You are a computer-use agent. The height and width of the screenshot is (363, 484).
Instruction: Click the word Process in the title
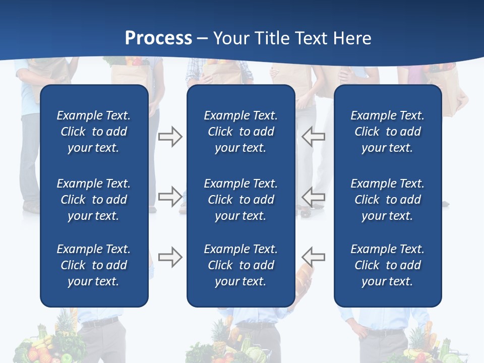pyautogui.click(x=158, y=38)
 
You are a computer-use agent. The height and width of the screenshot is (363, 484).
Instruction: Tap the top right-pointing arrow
pyautogui.click(x=170, y=137)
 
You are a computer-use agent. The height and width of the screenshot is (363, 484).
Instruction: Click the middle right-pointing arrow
pyautogui.click(x=170, y=197)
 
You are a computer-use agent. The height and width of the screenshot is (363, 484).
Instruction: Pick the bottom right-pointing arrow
pyautogui.click(x=170, y=257)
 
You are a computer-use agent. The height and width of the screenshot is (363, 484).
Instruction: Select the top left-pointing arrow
pyautogui.click(x=313, y=137)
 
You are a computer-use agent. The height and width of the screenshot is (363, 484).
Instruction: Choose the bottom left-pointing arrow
pyautogui.click(x=313, y=257)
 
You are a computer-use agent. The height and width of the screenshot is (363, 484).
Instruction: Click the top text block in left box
pyautogui.click(x=94, y=132)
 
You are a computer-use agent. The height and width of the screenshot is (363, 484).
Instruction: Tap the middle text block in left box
pyautogui.click(x=94, y=200)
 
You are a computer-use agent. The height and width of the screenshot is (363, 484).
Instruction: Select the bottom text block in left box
pyautogui.click(x=94, y=265)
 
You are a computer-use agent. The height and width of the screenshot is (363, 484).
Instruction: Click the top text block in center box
pyautogui.click(x=240, y=132)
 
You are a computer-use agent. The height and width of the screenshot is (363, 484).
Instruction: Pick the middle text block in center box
pyautogui.click(x=240, y=200)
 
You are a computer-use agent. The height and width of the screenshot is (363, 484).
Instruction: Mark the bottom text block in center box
pyautogui.click(x=240, y=265)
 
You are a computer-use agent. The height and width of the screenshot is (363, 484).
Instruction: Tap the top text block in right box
pyautogui.click(x=387, y=132)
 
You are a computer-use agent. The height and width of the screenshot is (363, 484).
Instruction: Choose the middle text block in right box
pyautogui.click(x=387, y=200)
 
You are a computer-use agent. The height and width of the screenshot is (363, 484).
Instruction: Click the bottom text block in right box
pyautogui.click(x=387, y=265)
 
